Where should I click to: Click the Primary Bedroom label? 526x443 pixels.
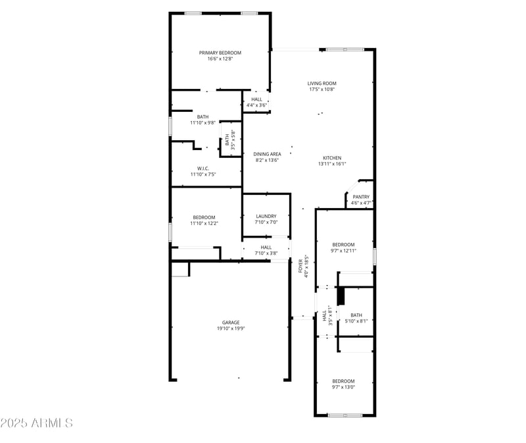coord(220,53)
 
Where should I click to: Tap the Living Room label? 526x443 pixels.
coord(322,84)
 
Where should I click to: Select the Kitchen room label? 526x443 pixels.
coord(332,158)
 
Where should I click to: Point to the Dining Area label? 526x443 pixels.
coord(267,154)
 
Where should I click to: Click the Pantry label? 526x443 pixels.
coord(361,197)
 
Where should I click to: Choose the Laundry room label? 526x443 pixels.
coord(266,216)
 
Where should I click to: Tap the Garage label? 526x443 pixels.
coord(230,323)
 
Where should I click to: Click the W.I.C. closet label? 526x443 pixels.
coord(203,168)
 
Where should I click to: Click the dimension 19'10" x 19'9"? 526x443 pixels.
coord(230,328)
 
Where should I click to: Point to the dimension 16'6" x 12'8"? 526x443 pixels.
coord(220,59)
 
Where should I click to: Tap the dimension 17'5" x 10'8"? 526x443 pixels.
coord(322,90)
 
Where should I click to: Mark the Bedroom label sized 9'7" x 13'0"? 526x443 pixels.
coord(343,381)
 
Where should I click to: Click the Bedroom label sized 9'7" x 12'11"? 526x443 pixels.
coord(343,244)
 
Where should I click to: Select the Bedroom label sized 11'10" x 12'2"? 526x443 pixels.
coord(204,217)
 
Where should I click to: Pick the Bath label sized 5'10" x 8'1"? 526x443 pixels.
coord(356,315)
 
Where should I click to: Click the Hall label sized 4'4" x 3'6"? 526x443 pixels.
coord(256,99)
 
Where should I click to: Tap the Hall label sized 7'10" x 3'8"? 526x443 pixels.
coord(266,248)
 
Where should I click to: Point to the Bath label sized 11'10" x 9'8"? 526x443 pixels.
coord(203,117)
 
